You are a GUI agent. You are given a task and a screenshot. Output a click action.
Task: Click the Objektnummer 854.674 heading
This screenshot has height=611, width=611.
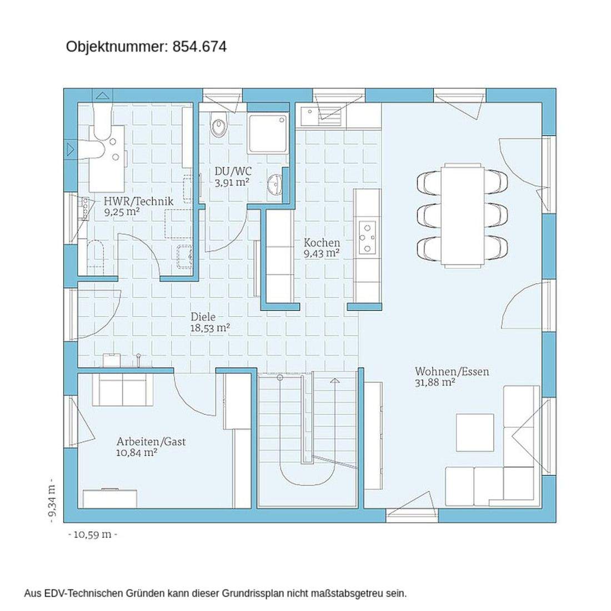pos(146,47)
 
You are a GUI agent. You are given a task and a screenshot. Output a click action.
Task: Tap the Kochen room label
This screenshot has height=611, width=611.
pos(322,243)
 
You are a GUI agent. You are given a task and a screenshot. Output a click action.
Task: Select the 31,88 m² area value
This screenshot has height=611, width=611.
pos(435,382)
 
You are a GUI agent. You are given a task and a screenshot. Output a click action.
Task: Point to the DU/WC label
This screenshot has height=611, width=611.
pos(232,171)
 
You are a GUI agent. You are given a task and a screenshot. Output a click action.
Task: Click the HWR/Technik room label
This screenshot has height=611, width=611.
pos(138,201)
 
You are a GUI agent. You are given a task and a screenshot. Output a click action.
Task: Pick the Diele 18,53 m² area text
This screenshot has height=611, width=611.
pos(210,328)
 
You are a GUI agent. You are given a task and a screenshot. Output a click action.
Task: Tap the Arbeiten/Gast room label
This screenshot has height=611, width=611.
pos(151,442)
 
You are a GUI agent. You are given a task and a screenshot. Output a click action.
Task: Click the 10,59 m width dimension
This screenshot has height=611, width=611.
pos(93,534)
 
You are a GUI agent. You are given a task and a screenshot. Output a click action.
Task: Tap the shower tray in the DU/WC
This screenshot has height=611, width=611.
pos(268,133)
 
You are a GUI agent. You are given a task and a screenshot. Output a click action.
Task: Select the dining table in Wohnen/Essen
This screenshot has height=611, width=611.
pos(463,214)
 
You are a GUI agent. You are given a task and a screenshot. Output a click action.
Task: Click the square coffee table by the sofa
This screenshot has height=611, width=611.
pos(475,432)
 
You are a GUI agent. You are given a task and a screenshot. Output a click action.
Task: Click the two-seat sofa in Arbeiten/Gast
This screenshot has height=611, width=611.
pos(122,389)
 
